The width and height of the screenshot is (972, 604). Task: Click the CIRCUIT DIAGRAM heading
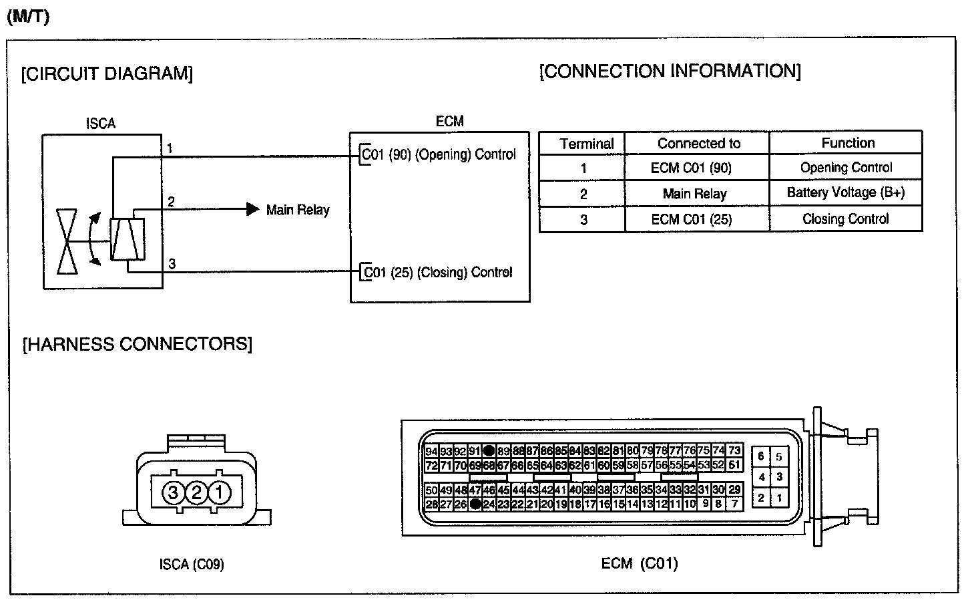coord(107,73)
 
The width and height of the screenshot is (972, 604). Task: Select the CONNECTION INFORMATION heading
coord(670,71)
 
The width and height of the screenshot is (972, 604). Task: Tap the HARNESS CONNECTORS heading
coord(138,344)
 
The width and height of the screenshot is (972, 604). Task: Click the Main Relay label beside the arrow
coord(298,210)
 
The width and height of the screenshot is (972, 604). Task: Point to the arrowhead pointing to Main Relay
coord(253,209)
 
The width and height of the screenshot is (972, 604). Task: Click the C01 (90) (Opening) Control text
coord(439,154)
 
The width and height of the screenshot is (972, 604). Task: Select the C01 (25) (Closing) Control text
coord(437,273)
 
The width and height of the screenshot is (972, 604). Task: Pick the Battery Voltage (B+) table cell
coord(845,193)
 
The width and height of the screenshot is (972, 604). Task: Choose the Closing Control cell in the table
coord(845,219)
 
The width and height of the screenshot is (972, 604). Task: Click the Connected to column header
coord(698,143)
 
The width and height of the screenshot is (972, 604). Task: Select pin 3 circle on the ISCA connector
coord(173,494)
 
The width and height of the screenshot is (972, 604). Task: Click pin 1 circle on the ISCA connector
coord(219,494)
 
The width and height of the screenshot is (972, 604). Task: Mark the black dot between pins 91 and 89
coord(489,450)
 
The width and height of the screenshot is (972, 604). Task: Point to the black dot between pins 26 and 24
coord(475,504)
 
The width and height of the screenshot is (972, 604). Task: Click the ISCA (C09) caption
coord(192,565)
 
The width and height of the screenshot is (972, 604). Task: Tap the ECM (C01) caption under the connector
coord(639,563)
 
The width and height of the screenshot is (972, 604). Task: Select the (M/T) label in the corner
coord(28,17)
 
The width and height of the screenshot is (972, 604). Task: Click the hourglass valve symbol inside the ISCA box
coord(67,241)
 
